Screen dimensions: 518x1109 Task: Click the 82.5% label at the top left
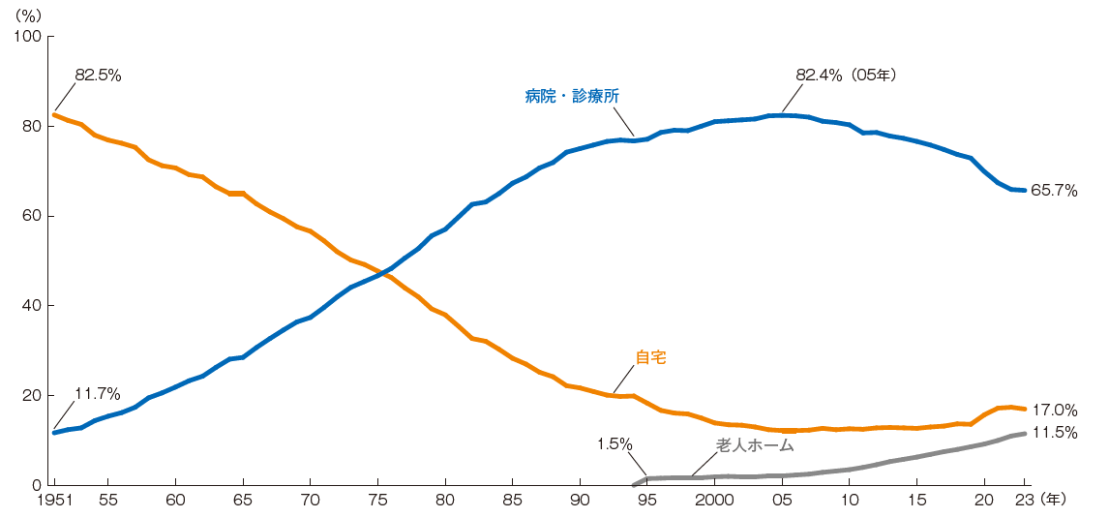point(98,76)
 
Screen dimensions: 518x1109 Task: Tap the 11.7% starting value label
point(97,394)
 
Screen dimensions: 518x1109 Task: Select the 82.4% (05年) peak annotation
point(847,75)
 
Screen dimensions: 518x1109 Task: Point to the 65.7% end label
point(1054,191)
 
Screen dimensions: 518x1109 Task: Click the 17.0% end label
point(1054,410)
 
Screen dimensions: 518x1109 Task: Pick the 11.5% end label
point(1054,433)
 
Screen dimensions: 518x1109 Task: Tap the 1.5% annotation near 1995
point(614,443)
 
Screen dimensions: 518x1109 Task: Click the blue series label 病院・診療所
point(572,96)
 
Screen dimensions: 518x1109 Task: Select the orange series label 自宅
point(650,357)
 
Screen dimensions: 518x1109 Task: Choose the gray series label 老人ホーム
point(755,445)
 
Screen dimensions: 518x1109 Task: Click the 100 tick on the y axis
point(28,37)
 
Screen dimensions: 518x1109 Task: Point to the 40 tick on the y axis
point(32,306)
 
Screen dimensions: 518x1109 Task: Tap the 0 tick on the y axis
point(36,485)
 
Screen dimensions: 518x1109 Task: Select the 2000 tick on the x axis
point(714,501)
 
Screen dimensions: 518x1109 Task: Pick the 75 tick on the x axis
point(377,501)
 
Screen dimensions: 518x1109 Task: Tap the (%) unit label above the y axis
point(31,15)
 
